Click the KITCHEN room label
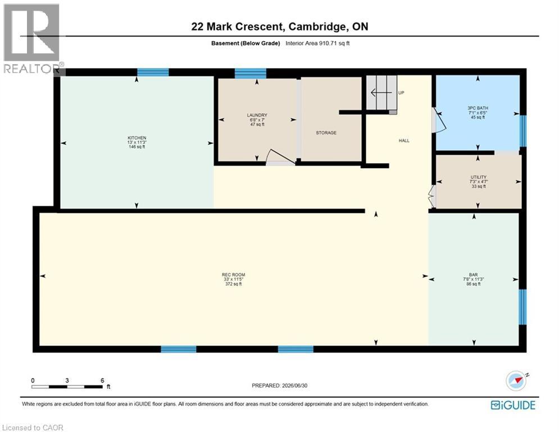137,138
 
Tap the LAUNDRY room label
257,115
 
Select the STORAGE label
326,133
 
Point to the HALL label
404,141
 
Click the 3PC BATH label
478,108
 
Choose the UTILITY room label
478,177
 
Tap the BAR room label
474,275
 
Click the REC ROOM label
234,275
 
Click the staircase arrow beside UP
381,93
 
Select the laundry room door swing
280,157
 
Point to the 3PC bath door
439,120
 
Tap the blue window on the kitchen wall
153,73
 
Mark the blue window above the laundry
250,73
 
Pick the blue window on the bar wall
522,307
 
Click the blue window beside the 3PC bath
522,130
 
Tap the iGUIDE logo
513,405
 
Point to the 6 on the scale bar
102,381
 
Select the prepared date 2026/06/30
294,385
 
